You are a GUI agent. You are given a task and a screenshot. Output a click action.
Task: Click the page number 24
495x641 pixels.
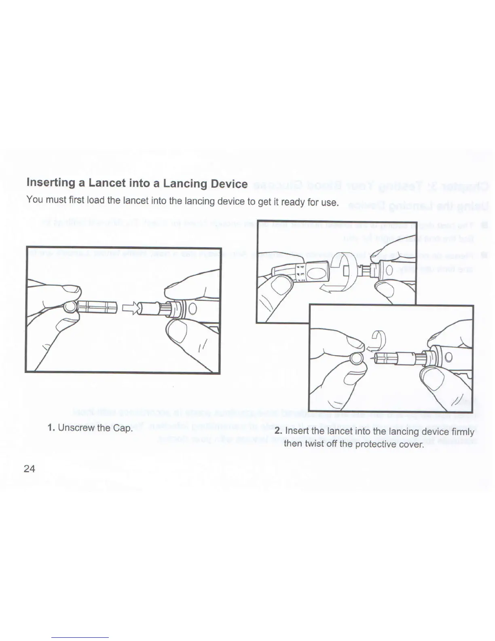pos(30,469)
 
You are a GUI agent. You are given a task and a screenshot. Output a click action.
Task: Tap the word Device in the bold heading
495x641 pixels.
pos(229,184)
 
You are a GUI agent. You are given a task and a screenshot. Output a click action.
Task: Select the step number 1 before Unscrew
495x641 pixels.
pos(51,428)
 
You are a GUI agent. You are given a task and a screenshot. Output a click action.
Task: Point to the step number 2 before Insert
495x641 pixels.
pos(278,431)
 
